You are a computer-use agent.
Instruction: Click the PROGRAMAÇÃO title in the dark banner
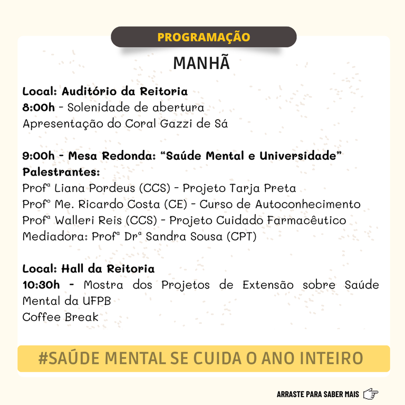[x=204, y=37]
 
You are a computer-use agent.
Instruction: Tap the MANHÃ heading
[x=202, y=63]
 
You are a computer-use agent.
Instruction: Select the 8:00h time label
[x=38, y=108]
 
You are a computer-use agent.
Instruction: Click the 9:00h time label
[x=38, y=156]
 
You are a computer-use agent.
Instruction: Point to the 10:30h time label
[x=42, y=285]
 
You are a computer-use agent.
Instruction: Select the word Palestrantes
[x=61, y=172]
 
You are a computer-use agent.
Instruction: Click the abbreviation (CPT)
[x=242, y=237]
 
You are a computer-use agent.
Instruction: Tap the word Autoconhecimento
[x=308, y=205]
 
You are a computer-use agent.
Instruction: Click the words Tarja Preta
[x=263, y=188]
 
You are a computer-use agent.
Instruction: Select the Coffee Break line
[x=60, y=317]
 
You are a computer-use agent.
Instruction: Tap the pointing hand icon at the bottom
[x=371, y=394]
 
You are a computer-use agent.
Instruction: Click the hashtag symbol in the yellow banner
[x=44, y=359]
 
